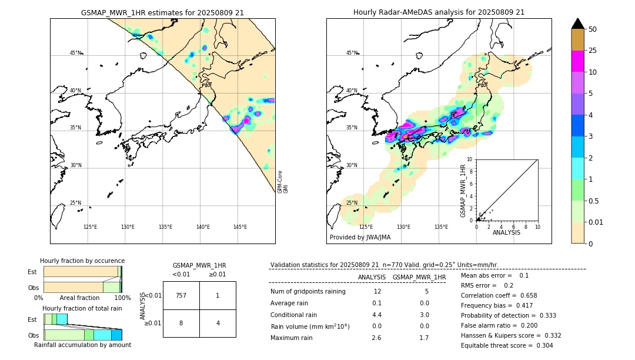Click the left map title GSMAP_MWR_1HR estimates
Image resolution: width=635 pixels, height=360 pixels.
162,12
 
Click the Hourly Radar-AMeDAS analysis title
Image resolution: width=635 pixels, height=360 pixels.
439,12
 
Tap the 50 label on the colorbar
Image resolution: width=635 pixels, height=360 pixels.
593,29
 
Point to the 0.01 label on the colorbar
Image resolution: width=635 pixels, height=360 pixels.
596,222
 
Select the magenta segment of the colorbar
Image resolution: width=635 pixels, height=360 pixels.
577,61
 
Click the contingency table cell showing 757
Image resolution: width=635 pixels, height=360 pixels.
181,295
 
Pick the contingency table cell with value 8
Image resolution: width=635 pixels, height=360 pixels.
181,323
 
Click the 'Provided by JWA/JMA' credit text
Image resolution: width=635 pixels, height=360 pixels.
360,237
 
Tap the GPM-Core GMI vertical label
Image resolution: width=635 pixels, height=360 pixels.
282,182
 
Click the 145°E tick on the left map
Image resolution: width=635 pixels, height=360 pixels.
240,227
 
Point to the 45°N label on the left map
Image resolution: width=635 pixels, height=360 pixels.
76,53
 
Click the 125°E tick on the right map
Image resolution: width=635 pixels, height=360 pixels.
366,227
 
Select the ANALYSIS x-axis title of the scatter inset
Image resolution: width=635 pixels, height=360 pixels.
506,232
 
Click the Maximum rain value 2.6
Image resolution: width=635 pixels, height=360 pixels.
376,338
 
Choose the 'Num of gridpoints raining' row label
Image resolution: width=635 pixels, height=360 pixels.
308,291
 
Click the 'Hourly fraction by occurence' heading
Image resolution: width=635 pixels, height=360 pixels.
82,261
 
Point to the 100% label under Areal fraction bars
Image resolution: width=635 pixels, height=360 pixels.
122,298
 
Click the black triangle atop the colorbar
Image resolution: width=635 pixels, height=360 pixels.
577,24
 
